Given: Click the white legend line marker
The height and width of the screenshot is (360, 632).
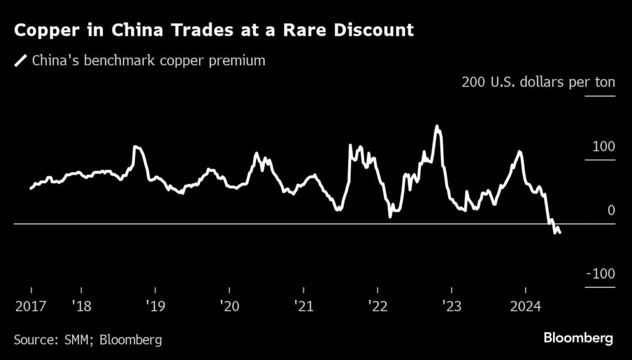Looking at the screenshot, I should (20, 61).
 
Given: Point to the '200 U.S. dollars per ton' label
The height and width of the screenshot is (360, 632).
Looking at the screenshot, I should (538, 83).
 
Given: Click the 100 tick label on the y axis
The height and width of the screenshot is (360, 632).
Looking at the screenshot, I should (603, 146).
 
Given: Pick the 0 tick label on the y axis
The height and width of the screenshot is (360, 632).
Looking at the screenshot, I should (611, 211).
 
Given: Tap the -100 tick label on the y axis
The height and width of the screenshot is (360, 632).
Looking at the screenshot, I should (599, 274).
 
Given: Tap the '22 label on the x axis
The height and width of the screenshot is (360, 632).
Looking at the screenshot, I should (377, 305).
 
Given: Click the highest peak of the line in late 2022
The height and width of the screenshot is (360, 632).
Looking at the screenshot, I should (437, 127).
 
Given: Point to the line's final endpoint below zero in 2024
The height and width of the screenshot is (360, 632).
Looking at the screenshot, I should (560, 233).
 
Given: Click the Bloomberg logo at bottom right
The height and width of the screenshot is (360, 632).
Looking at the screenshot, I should (578, 338).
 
